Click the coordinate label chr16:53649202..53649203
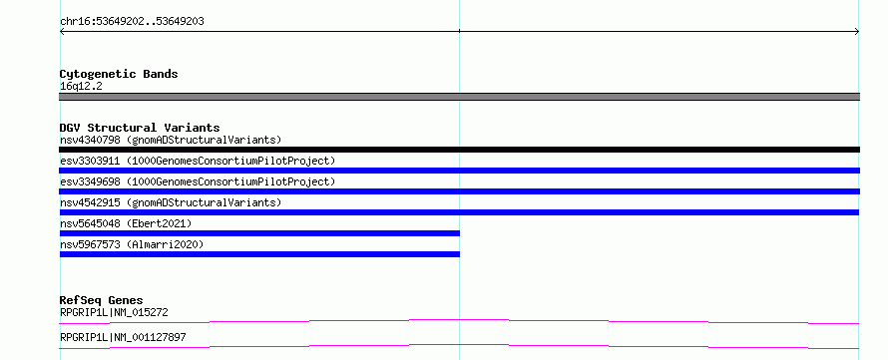point(132,22)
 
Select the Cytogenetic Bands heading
point(119,74)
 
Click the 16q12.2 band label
point(81,87)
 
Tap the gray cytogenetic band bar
point(459,97)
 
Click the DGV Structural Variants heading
point(140,128)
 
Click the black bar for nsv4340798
point(459,150)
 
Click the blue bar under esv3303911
point(459,171)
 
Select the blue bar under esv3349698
point(459,191)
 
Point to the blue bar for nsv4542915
point(459,212)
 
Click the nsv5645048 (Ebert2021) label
point(126,223)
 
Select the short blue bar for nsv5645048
point(259,233)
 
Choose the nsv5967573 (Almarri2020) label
point(132,244)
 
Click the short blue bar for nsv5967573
point(259,254)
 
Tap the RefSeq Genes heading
point(102,300)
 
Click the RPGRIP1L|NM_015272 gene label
point(114,312)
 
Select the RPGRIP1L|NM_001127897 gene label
point(123,337)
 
